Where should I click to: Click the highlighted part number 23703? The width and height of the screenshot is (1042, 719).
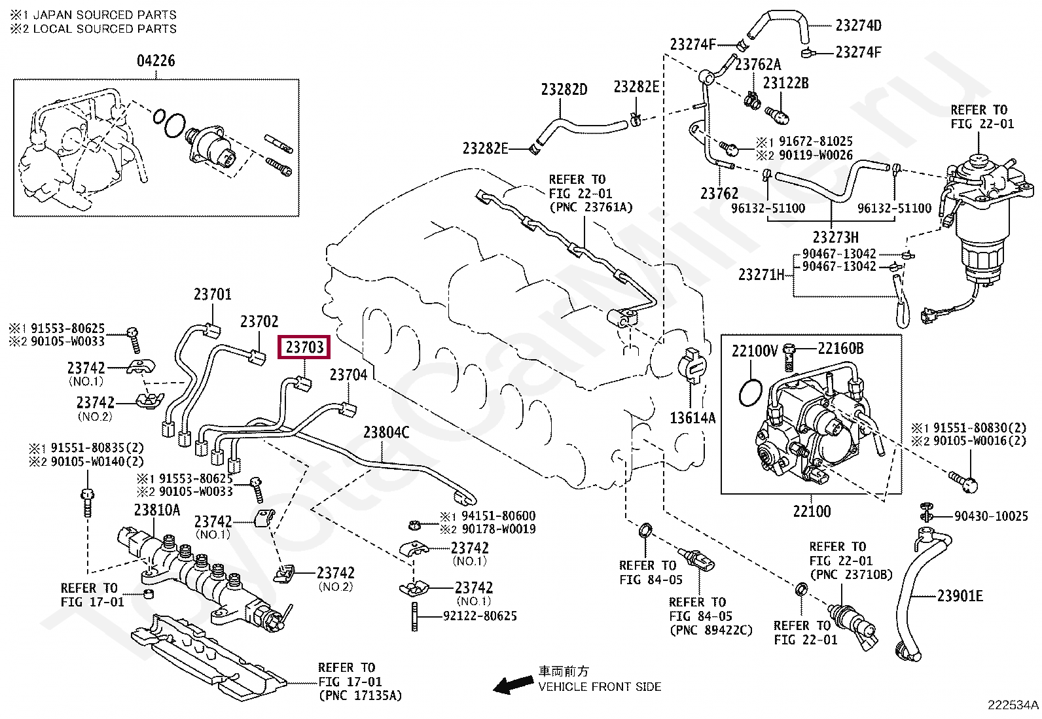click(x=304, y=347)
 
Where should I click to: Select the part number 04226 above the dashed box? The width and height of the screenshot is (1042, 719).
click(x=156, y=61)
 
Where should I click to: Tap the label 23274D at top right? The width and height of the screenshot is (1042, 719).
click(x=858, y=25)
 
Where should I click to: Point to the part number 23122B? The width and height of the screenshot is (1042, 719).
click(x=785, y=83)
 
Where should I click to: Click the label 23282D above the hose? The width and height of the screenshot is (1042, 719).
click(x=564, y=89)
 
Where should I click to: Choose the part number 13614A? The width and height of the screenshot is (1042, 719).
click(x=692, y=418)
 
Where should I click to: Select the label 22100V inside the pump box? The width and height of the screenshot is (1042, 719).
click(x=755, y=351)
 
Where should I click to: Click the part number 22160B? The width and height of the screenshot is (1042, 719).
click(x=840, y=348)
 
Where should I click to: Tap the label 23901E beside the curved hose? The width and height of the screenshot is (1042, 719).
click(x=960, y=596)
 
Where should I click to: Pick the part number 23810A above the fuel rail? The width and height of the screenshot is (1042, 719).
click(x=157, y=510)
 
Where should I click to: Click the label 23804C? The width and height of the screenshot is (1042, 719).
click(x=386, y=432)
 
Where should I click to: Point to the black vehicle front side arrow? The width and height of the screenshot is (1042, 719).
click(x=512, y=684)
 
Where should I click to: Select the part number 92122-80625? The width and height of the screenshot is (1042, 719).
click(x=480, y=616)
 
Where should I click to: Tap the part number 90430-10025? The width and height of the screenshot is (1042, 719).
click(x=991, y=516)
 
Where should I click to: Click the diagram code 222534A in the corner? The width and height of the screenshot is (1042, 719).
click(x=1013, y=705)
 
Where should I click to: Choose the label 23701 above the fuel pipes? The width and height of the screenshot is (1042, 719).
click(x=212, y=294)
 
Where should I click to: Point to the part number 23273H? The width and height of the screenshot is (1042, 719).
click(x=835, y=237)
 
